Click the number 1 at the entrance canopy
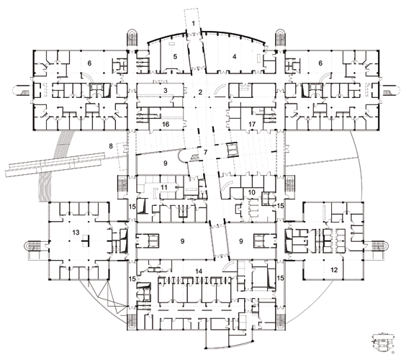(x=193, y=24)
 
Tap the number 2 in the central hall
(x=200, y=92)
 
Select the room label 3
(x=166, y=91)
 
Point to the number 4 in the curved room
(x=235, y=56)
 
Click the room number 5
(x=175, y=56)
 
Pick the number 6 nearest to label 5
(x=89, y=63)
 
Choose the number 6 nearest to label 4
(x=320, y=63)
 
